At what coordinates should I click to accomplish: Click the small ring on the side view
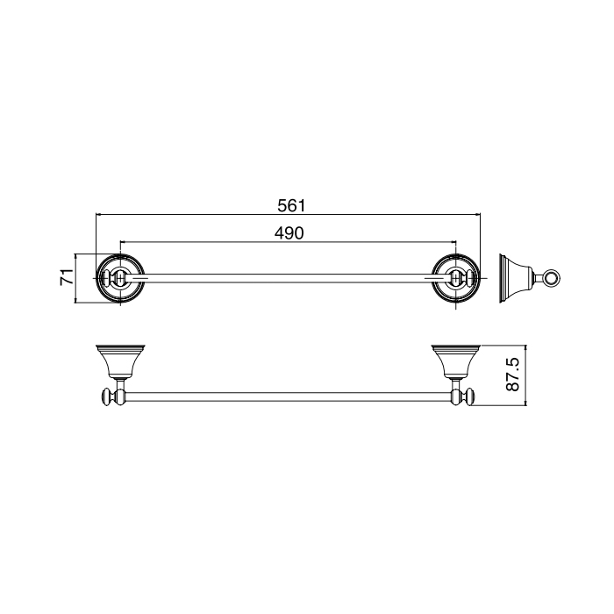click(x=551, y=280)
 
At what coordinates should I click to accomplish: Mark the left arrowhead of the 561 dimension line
click(x=98, y=214)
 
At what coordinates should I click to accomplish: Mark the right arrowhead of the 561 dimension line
click(x=478, y=214)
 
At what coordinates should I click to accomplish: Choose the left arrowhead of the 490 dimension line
click(x=122, y=242)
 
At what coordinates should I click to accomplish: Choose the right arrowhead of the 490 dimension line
click(x=453, y=242)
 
